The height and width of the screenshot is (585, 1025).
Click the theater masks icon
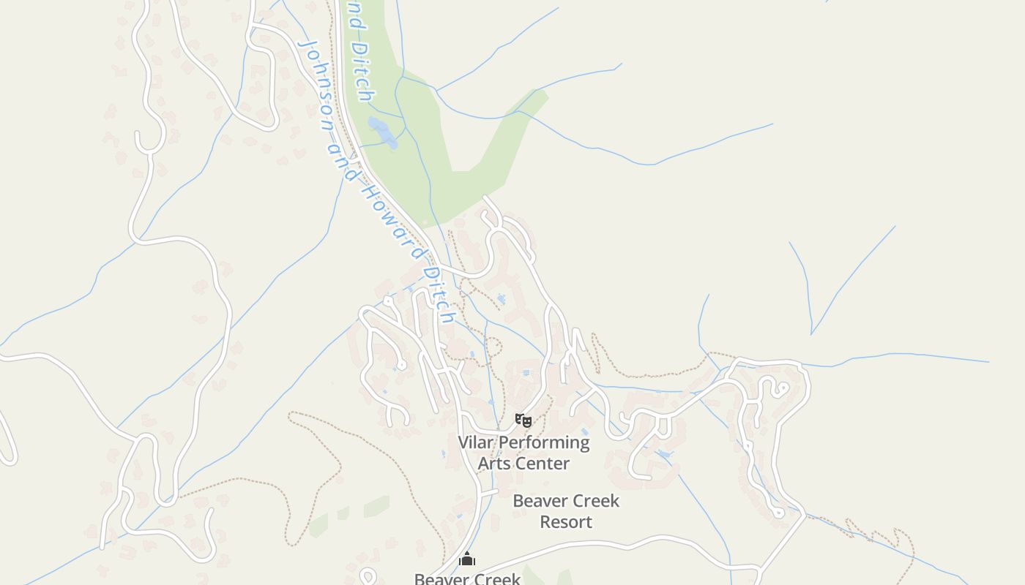(523, 420)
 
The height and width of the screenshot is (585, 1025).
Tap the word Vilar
(475, 442)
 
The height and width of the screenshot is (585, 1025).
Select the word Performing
(543, 443)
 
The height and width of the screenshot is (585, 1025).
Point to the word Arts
(493, 464)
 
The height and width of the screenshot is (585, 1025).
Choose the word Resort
(566, 522)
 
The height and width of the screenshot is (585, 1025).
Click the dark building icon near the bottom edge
(467, 559)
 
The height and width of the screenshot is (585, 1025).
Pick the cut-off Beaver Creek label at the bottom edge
(467, 578)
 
